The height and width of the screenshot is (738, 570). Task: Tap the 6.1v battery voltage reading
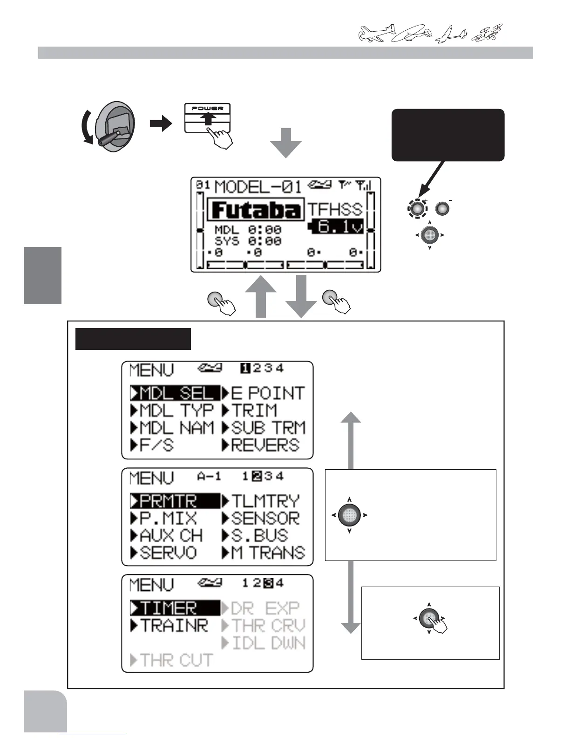coord(336,227)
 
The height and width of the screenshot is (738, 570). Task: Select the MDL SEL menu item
coord(175,393)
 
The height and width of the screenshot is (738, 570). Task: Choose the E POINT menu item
coord(264,393)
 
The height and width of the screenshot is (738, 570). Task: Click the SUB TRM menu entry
coord(264,428)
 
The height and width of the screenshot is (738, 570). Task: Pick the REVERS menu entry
coord(261,445)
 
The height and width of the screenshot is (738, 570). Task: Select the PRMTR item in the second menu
coord(175,501)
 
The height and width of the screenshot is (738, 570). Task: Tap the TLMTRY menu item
coord(261,501)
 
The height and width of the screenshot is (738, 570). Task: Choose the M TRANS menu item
coord(264,553)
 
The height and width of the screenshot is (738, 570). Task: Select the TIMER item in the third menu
coord(175,608)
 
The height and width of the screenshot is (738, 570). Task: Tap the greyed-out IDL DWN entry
coord(264,643)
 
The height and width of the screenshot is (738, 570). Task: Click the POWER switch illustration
coord(208,118)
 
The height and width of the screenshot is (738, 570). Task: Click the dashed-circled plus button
coord(418,209)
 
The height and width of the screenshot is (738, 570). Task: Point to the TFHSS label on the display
coord(334,209)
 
